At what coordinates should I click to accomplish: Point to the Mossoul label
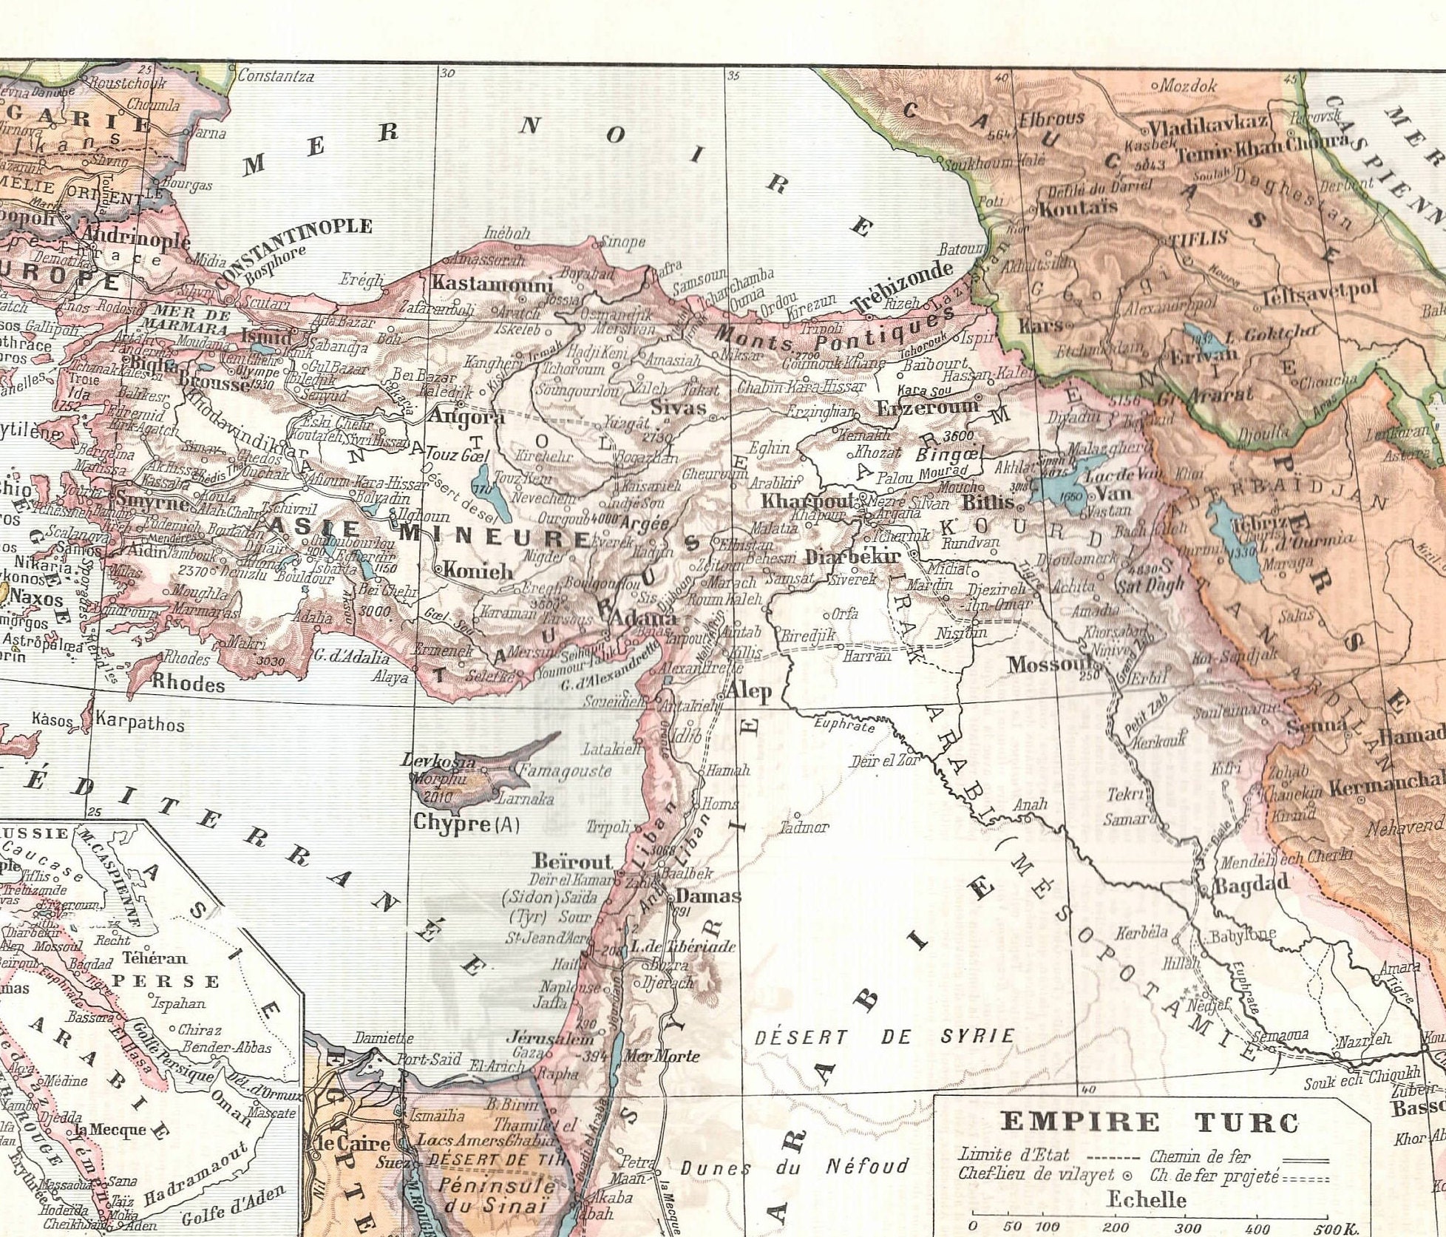tap(1049, 664)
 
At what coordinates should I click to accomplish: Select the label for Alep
tap(748, 691)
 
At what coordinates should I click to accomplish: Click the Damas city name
tap(708, 896)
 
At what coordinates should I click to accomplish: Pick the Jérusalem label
tap(540, 1037)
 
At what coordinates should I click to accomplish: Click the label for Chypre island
tap(451, 822)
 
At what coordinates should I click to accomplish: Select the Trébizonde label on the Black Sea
tap(901, 287)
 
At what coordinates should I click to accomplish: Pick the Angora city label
tap(466, 416)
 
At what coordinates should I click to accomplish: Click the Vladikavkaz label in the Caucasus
tap(1208, 124)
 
